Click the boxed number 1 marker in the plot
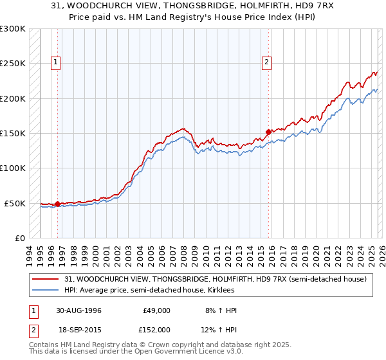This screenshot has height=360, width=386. [56, 62]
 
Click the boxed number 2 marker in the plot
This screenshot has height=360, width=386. [266, 62]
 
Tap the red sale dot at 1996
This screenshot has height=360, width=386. [58, 204]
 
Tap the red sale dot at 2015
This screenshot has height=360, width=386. [268, 132]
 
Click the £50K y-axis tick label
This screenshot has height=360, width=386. [15, 203]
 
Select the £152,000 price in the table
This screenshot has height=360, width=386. [157, 329]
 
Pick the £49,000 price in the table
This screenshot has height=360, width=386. [157, 310]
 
